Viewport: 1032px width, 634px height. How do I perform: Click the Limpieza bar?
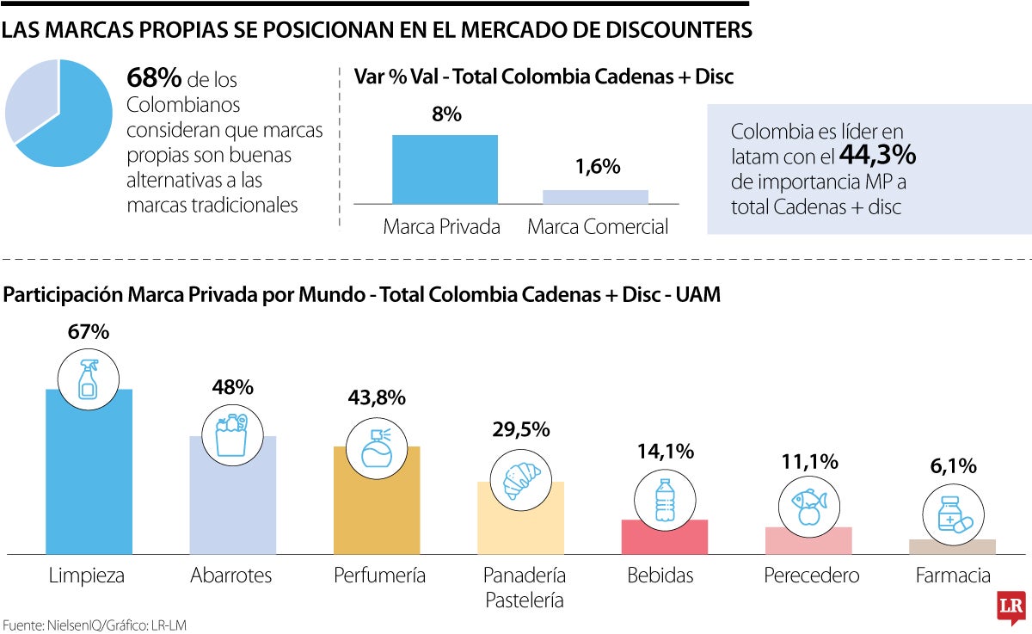tap(89, 482)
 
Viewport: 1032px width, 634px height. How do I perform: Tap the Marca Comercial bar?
tap(595, 197)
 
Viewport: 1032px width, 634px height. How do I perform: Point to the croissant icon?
tap(519, 480)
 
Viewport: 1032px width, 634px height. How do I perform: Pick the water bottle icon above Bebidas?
tap(664, 501)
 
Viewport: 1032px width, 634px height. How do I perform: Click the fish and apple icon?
tap(808, 506)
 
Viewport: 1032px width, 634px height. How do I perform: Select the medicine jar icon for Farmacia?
tap(953, 517)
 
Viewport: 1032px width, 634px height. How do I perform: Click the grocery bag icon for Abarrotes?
tap(232, 434)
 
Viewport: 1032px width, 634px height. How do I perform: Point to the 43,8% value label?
tap(376, 397)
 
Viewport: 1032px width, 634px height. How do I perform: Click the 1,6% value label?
tap(595, 167)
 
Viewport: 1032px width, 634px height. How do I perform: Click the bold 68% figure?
tap(154, 78)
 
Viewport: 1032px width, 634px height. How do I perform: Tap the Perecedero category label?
tap(811, 576)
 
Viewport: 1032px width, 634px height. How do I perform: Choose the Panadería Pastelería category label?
tap(524, 588)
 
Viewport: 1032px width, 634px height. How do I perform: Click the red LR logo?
tap(1010, 608)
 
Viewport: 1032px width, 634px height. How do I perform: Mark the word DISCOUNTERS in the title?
tap(666, 30)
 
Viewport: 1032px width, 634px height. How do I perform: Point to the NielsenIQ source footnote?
tap(95, 625)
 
